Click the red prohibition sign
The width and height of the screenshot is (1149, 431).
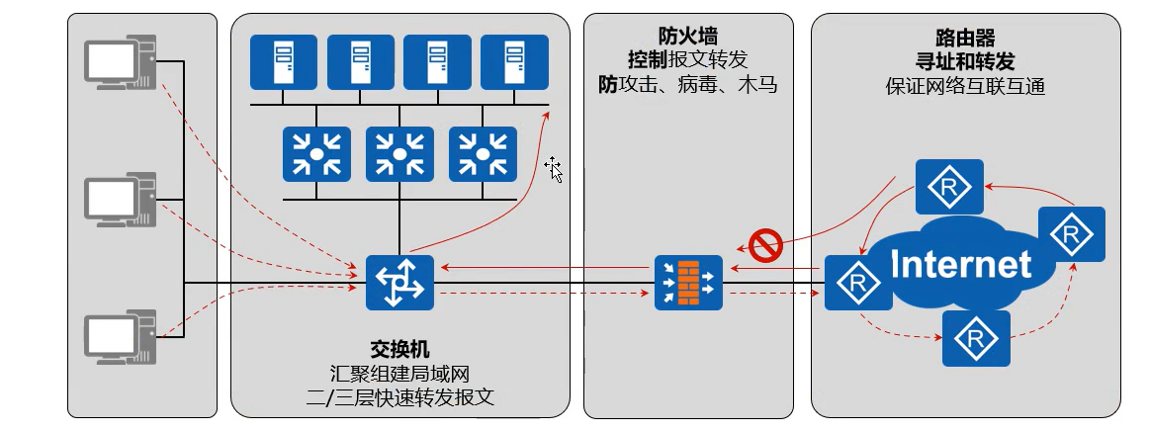tap(766, 244)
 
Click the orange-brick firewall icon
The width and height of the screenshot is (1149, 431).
tap(688, 282)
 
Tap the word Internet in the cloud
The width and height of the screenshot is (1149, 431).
tap(960, 264)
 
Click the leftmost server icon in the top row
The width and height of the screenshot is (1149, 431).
tap(283, 62)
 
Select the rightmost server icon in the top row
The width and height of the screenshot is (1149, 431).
tap(514, 62)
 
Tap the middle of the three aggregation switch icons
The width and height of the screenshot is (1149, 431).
tap(399, 154)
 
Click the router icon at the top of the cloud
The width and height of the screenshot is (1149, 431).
tap(948, 186)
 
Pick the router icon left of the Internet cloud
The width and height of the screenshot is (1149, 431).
tap(852, 283)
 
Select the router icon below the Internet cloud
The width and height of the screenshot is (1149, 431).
tap(976, 338)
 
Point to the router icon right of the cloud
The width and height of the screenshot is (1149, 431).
tap(1070, 235)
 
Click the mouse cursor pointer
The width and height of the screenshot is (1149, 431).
tap(554, 169)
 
